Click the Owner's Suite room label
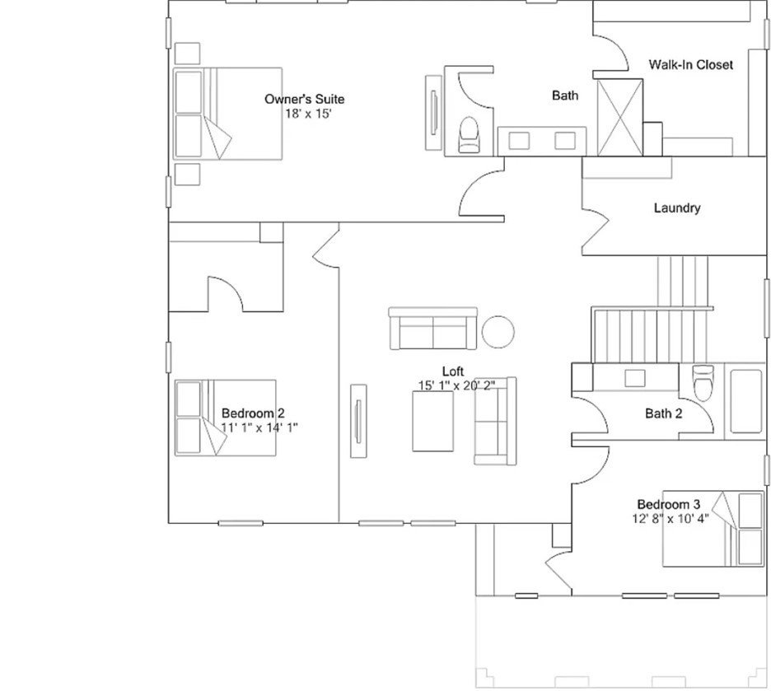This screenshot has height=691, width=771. coord(304,99)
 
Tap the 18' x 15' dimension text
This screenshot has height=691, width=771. coord(307,114)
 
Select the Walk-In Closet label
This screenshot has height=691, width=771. coord(690,64)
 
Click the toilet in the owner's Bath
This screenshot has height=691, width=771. coord(469,134)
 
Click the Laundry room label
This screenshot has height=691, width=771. coord(677,208)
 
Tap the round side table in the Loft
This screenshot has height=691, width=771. coord(498,331)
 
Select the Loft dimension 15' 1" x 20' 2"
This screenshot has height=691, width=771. coord(456,385)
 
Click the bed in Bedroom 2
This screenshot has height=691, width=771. coord(224,417)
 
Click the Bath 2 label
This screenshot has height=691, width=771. coord(663,413)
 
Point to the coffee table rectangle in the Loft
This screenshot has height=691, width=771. coord(432,421)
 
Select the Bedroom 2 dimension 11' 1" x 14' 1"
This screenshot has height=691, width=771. coord(259,427)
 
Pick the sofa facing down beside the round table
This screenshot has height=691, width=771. coord(432,329)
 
